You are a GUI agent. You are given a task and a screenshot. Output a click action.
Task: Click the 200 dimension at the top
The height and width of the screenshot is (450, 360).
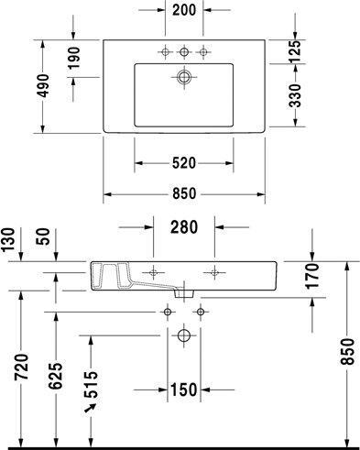point(184,10)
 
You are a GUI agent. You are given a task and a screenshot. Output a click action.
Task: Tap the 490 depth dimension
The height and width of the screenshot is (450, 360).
point(43,86)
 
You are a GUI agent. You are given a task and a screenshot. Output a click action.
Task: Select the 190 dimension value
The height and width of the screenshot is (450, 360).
point(73,58)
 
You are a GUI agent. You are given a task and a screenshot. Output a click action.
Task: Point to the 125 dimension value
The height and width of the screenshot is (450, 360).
point(295,51)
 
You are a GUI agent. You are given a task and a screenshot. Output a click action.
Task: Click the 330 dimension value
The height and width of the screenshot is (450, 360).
point(295,96)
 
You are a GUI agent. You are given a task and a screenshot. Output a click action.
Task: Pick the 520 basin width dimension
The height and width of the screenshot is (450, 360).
point(184,163)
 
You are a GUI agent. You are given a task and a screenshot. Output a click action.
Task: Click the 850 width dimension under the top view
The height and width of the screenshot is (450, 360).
point(184,193)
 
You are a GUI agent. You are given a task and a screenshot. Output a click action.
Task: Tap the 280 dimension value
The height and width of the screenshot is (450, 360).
point(184,227)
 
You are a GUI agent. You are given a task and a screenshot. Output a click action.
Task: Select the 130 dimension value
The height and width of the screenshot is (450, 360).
point(8,239)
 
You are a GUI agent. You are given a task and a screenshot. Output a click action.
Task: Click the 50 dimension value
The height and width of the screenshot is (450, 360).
point(44,236)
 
